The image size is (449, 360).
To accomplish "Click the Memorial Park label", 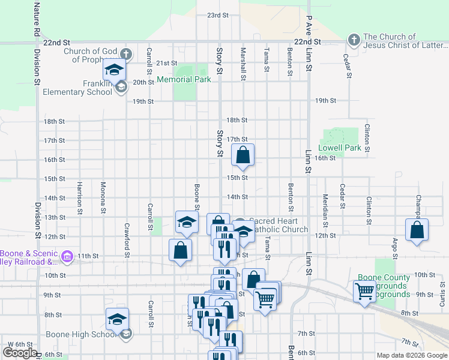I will [184, 79].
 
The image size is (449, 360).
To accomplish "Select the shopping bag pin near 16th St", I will [243, 155].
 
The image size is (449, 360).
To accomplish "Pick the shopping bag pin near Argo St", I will [417, 230].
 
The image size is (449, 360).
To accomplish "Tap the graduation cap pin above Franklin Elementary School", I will [113, 71].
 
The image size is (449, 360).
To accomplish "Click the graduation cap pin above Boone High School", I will [117, 319].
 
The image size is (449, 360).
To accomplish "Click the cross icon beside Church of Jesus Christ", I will [354, 41].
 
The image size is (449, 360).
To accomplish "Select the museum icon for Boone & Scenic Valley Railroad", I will [67, 258].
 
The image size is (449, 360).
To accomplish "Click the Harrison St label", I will [79, 195].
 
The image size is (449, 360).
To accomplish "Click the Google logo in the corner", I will [20, 353].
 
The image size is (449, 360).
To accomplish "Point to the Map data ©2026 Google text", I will [411, 355].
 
